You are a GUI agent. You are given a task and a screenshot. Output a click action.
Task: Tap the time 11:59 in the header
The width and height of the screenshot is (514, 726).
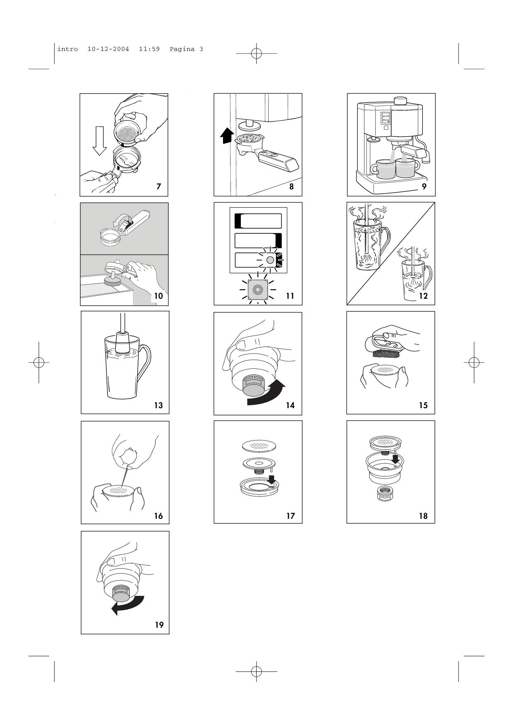(x=149, y=49)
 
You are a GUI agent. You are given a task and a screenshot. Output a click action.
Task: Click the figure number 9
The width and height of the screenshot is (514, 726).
(x=424, y=186)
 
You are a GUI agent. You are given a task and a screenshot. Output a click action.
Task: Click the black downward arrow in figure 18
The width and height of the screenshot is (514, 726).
(x=395, y=459)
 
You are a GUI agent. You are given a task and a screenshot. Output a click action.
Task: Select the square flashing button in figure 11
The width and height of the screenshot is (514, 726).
(x=257, y=289)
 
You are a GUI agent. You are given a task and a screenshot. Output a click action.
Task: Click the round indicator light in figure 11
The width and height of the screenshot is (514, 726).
(x=270, y=260)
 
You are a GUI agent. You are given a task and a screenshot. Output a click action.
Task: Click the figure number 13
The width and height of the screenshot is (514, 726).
(x=159, y=405)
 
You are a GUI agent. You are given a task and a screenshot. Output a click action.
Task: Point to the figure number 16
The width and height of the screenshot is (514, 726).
(x=159, y=516)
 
